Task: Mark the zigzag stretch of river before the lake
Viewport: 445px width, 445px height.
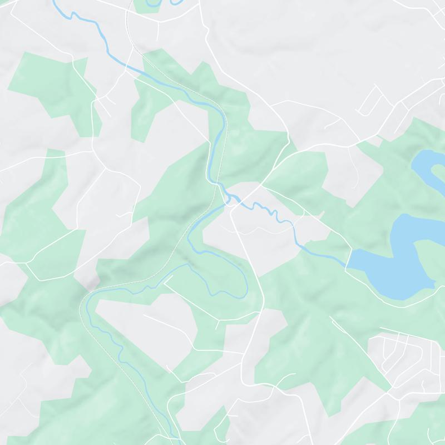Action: point(267,210)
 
